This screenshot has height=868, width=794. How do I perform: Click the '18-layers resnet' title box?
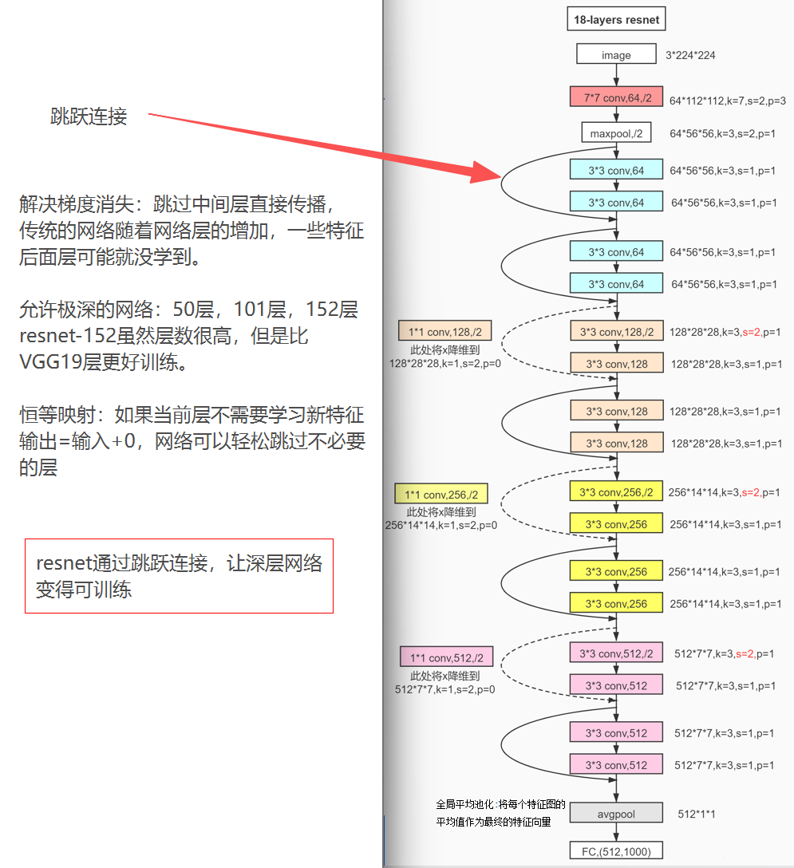pyautogui.click(x=616, y=19)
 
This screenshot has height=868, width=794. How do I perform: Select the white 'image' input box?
pyautogui.click(x=616, y=55)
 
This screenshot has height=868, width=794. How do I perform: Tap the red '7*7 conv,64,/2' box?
pyautogui.click(x=617, y=97)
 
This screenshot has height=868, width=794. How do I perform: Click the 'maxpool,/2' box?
pyautogui.click(x=617, y=132)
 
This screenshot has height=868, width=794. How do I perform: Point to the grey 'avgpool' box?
pyautogui.click(x=617, y=814)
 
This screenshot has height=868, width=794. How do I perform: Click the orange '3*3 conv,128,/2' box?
pyautogui.click(x=617, y=332)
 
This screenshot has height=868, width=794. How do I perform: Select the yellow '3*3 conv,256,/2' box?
pyautogui.click(x=617, y=492)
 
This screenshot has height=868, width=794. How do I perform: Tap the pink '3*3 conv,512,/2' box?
pyautogui.click(x=617, y=653)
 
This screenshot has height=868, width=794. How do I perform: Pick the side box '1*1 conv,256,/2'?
pyautogui.click(x=440, y=495)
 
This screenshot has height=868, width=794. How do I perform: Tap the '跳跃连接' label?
pyautogui.click(x=89, y=117)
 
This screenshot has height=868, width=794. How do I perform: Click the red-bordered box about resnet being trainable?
pyautogui.click(x=179, y=576)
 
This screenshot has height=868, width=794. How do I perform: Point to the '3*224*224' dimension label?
pyautogui.click(x=690, y=55)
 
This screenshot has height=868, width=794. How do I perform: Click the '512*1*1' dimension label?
pyautogui.click(x=696, y=814)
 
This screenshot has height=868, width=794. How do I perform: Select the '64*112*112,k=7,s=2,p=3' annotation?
pyautogui.click(x=727, y=101)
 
